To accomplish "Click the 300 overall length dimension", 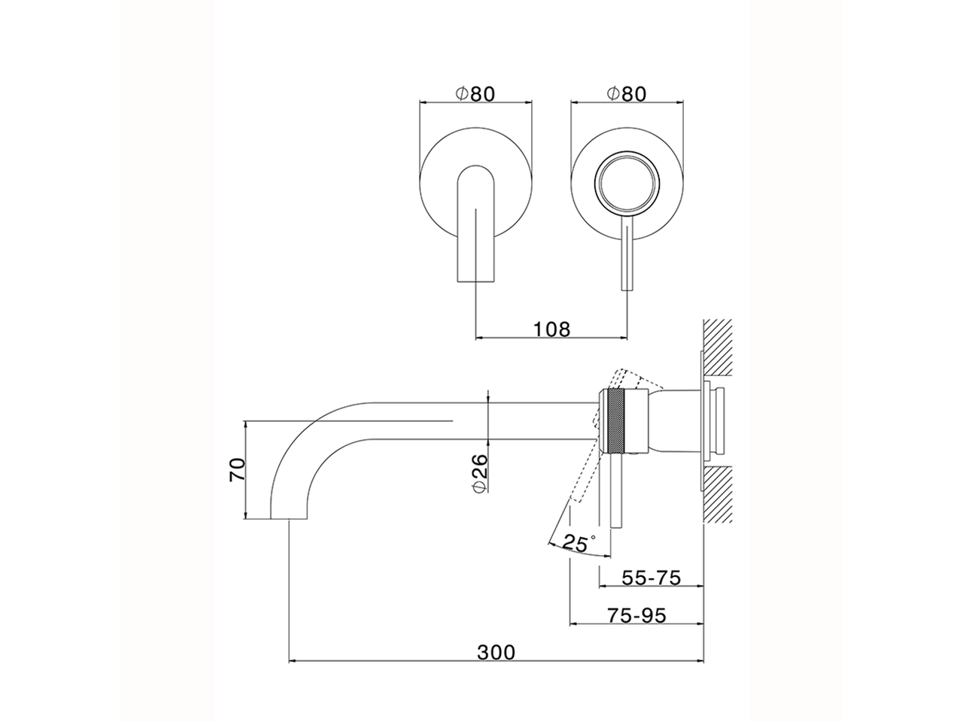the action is point(496,665).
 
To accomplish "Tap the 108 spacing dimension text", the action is point(551,329).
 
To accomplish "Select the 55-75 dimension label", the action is point(651,578).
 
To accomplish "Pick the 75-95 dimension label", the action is point(636,615).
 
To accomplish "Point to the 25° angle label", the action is point(579,543).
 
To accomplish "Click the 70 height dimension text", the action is point(237,469).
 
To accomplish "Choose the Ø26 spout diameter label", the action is point(479,474).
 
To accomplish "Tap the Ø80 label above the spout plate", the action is point(475,94).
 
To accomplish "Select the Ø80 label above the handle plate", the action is point(627,94).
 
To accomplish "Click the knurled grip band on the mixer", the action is point(616,420).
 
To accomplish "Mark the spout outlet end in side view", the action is point(288,519).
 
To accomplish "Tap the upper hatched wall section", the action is point(718,347).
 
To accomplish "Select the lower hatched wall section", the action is point(718,494).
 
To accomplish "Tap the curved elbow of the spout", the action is point(302,443).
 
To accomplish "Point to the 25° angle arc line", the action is point(579,552).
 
